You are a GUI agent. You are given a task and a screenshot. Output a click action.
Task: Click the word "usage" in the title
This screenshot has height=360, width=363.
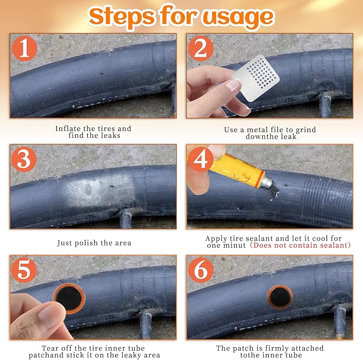click(x=238, y=17)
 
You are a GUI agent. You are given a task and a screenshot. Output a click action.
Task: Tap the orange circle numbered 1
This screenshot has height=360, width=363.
click(x=25, y=49)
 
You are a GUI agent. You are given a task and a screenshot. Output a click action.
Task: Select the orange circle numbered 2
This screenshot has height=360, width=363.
click(x=200, y=49)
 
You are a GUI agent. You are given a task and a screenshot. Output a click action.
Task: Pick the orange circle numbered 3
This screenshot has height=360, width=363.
click(x=24, y=159)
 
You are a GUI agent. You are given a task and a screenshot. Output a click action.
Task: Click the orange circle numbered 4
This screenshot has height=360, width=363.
click(x=200, y=159)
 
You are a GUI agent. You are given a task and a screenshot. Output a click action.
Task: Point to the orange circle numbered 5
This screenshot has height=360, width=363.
click(x=24, y=270)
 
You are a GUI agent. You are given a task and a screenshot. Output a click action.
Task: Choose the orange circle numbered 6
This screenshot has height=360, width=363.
click(x=200, y=270)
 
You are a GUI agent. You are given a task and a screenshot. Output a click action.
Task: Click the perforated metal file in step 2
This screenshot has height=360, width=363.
click(x=256, y=78)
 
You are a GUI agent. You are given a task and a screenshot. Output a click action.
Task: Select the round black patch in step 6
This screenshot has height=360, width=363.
click(x=280, y=297)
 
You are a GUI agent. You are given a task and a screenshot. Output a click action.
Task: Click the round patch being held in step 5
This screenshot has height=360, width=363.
click(x=69, y=298)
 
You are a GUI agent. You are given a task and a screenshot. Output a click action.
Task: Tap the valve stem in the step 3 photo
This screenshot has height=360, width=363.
click(x=126, y=218)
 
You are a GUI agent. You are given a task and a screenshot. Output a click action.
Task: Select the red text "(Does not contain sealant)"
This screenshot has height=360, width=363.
click(x=300, y=245)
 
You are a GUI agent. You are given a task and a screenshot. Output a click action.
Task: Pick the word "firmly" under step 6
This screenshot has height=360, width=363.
click(x=277, y=348)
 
